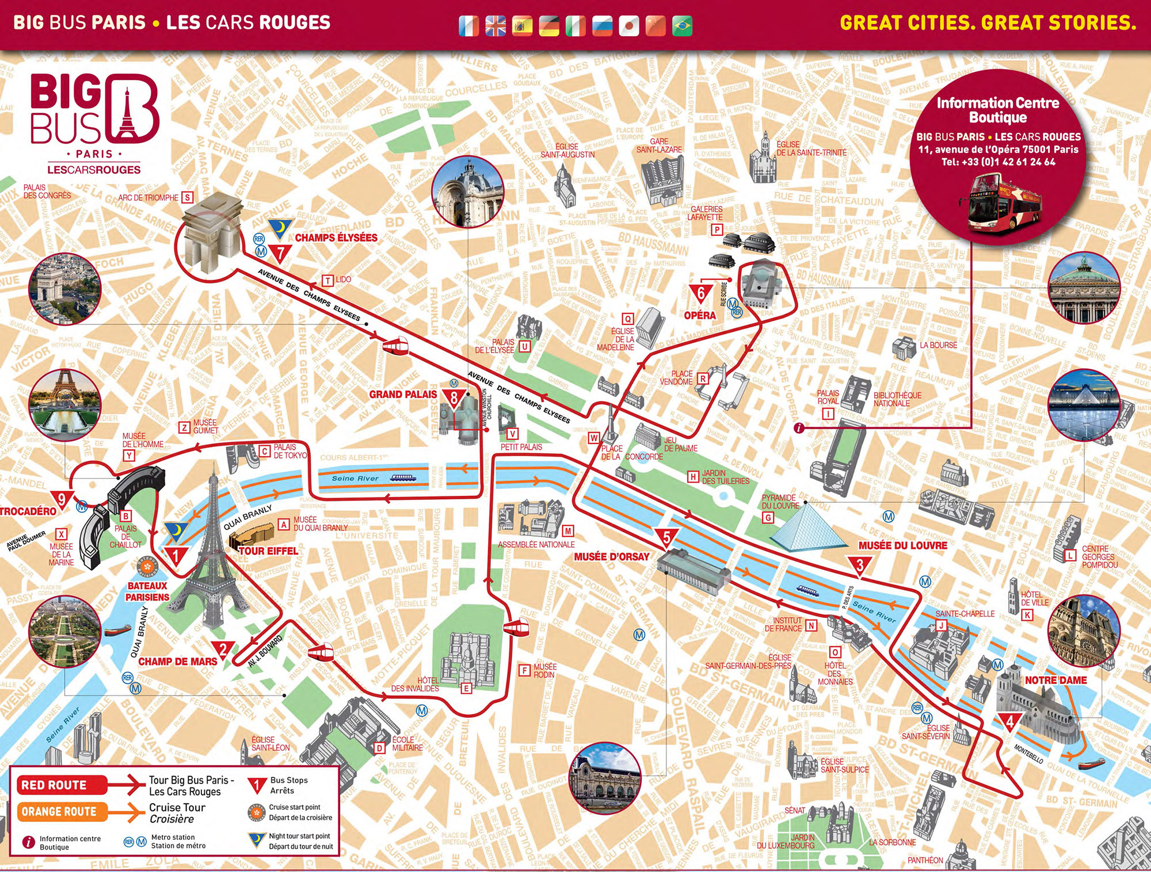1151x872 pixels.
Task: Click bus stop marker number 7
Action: (280, 253)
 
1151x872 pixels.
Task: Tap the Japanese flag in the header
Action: (629, 26)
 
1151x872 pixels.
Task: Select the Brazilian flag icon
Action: (683, 26)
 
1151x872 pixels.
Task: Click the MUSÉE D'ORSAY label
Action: (611, 557)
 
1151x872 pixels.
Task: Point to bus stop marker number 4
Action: (1009, 721)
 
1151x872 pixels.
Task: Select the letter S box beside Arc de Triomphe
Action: (187, 197)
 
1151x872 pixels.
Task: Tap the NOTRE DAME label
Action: (1055, 680)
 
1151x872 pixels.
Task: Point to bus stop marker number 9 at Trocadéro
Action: (61, 499)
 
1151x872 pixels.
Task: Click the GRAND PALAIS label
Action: (403, 395)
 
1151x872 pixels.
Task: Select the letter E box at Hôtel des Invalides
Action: (466, 688)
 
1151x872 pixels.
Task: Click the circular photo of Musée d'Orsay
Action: (604, 777)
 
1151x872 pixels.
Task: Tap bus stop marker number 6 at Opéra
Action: (701, 293)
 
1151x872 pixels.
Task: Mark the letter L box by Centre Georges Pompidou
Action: (1070, 556)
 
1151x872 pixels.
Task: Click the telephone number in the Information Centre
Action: (998, 162)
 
